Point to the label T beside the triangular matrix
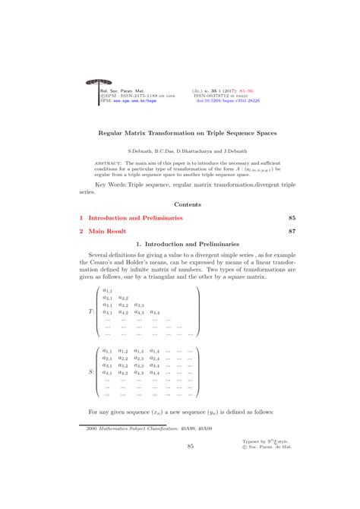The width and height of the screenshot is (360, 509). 91,311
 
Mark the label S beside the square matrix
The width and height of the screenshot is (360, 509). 91,372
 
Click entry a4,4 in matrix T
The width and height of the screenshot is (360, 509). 154,312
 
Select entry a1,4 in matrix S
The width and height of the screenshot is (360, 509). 154,351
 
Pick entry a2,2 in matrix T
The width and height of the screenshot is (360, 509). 123,298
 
